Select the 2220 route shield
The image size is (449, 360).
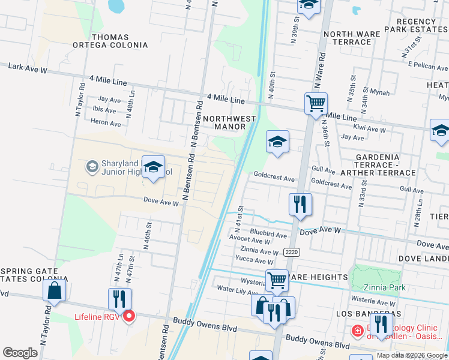[292, 252]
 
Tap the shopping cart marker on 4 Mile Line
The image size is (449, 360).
[316, 103]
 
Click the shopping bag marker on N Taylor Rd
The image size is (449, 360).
[54, 290]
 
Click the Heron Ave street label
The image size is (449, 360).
[106, 124]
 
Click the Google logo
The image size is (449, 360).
[20, 353]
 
